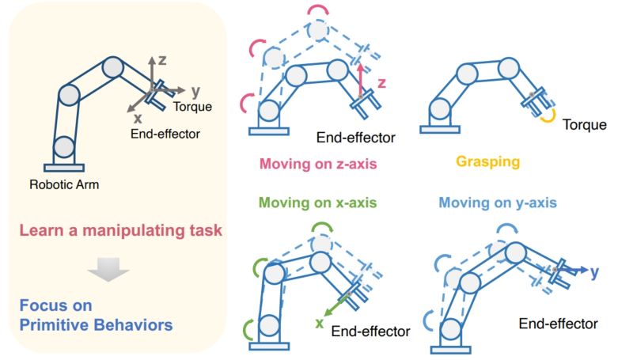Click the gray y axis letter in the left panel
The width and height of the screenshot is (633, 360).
(195, 90)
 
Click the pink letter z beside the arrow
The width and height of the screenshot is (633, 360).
(381, 82)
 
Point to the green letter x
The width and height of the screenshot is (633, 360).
(320, 323)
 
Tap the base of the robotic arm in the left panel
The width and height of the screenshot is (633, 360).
(63, 167)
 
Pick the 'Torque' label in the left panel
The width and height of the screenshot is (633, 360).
(191, 106)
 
